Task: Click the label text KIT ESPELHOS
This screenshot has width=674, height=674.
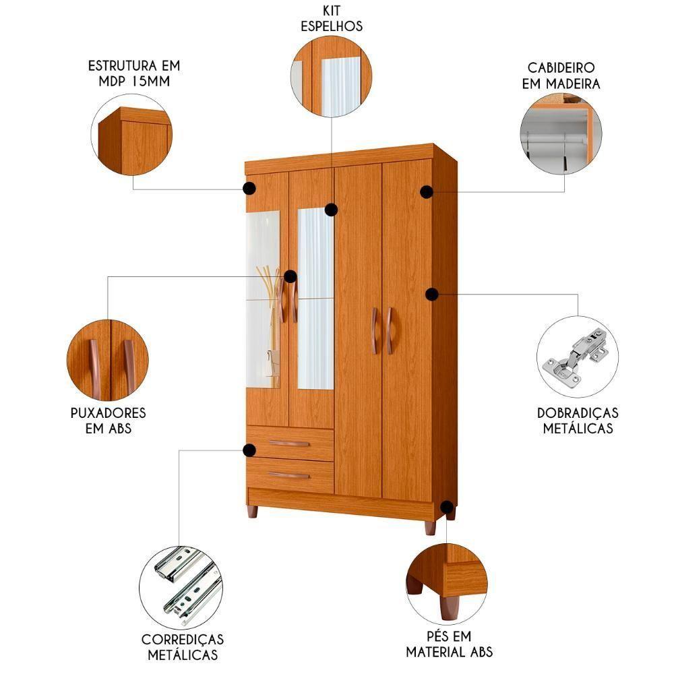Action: click(x=332, y=19)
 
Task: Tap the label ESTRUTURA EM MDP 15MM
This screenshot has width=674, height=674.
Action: click(x=134, y=74)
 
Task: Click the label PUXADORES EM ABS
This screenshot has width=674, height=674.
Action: click(x=108, y=419)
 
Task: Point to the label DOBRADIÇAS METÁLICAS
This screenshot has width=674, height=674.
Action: click(x=578, y=419)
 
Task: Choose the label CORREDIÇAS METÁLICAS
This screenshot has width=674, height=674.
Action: click(x=183, y=646)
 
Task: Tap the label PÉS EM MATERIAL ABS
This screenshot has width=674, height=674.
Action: click(x=449, y=644)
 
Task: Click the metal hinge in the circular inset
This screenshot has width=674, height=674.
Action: click(x=578, y=356)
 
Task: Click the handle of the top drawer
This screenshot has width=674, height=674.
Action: click(x=288, y=443)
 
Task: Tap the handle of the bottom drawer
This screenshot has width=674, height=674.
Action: click(x=288, y=475)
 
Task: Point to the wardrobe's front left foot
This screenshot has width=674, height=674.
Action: click(x=252, y=512)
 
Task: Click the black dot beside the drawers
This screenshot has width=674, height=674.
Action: click(x=249, y=450)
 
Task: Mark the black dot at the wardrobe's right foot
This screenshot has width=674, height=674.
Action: click(x=446, y=506)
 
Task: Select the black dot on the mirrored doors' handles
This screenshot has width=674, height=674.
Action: click(x=290, y=276)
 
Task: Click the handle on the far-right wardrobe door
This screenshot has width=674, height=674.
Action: click(x=390, y=330)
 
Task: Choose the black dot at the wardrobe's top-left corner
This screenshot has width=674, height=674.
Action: click(x=249, y=189)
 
